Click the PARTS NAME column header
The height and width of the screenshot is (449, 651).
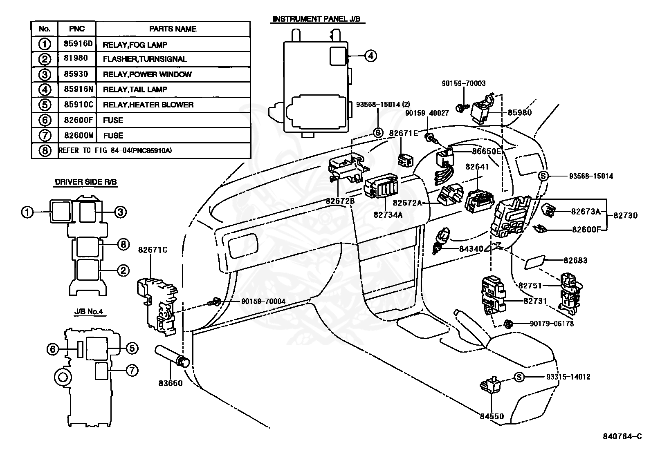click(173, 29)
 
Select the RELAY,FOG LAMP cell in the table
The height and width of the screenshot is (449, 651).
click(135, 45)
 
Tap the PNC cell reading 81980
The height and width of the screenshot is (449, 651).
click(76, 58)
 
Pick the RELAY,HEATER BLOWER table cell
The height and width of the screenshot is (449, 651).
click(148, 105)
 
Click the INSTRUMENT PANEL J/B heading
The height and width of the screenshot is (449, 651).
click(317, 19)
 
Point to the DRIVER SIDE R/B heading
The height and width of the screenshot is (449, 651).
click(86, 182)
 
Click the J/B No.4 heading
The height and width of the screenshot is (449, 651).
click(89, 312)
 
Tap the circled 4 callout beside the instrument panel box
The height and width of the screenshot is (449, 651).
click(370, 56)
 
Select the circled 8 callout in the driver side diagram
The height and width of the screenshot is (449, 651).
click(123, 244)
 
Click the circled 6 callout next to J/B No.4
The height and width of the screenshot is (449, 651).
click(53, 349)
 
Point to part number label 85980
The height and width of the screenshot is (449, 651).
click(520, 113)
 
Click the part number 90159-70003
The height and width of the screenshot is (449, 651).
click(464, 83)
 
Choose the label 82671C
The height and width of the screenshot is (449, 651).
click(153, 250)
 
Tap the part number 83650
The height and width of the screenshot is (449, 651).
click(170, 383)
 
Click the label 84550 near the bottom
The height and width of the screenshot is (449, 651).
click(492, 416)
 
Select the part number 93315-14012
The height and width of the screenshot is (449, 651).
click(568, 377)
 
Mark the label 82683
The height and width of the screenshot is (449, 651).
click(575, 261)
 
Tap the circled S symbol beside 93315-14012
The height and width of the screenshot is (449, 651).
click(519, 377)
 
